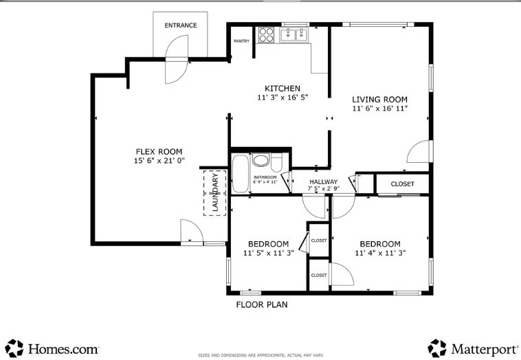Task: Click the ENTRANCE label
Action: (180, 25)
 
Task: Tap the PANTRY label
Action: (241, 41)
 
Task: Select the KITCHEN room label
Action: (282, 88)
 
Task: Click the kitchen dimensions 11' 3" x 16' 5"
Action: (282, 98)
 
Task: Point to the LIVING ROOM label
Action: (380, 99)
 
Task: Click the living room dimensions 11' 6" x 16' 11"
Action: (380, 109)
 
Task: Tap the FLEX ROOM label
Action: (159, 152)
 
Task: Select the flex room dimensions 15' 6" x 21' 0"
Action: (159, 161)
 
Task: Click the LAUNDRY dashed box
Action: (215, 192)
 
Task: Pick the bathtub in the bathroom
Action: (241, 173)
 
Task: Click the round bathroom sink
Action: (261, 161)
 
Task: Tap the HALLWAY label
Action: (323, 181)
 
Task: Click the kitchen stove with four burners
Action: (266, 35)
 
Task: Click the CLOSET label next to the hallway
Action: (403, 184)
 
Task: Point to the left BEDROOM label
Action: (268, 244)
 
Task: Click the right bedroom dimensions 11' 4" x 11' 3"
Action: (380, 254)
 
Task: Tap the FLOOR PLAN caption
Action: (262, 304)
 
